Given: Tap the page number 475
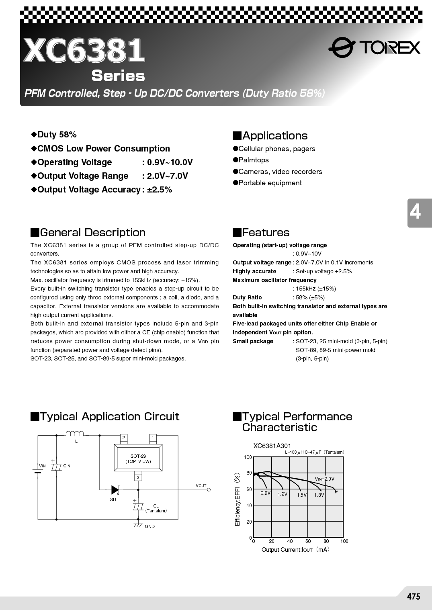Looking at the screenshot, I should (x=413, y=597).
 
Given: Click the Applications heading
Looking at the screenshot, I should (x=275, y=136).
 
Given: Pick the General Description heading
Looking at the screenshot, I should (x=92, y=233).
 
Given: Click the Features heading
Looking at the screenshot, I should (x=266, y=233).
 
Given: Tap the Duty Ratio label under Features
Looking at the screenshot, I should (x=247, y=297).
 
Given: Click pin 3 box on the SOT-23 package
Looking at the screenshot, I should (x=138, y=477).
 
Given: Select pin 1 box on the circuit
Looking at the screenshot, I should (x=153, y=438).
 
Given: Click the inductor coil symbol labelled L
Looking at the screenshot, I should (x=75, y=433).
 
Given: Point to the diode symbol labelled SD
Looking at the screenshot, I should (x=115, y=489).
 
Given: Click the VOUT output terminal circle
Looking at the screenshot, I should (x=209, y=489).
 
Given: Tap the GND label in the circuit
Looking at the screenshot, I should (x=149, y=526).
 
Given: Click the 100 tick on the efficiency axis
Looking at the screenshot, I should (x=248, y=457).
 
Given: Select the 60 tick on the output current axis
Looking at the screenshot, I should (x=308, y=541).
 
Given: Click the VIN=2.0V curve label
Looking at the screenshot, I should (x=324, y=479).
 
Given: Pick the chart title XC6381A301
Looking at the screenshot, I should (x=272, y=446).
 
